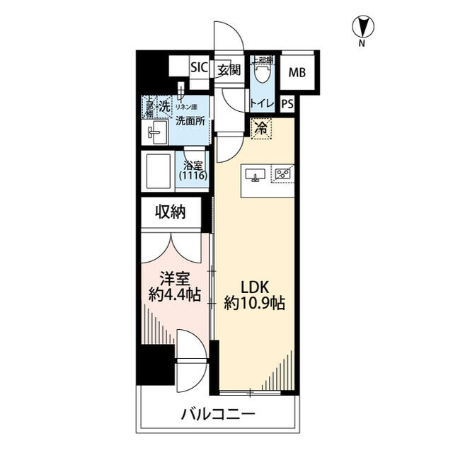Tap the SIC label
coord(199,69)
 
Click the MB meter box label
coord(297,71)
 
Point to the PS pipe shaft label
coord(287,103)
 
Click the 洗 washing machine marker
coord(164,107)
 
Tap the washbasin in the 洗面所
coord(156,131)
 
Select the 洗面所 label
coord(190,120)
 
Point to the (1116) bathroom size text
coord(193,175)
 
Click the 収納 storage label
coord(171,212)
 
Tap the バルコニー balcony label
coord(217,413)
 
